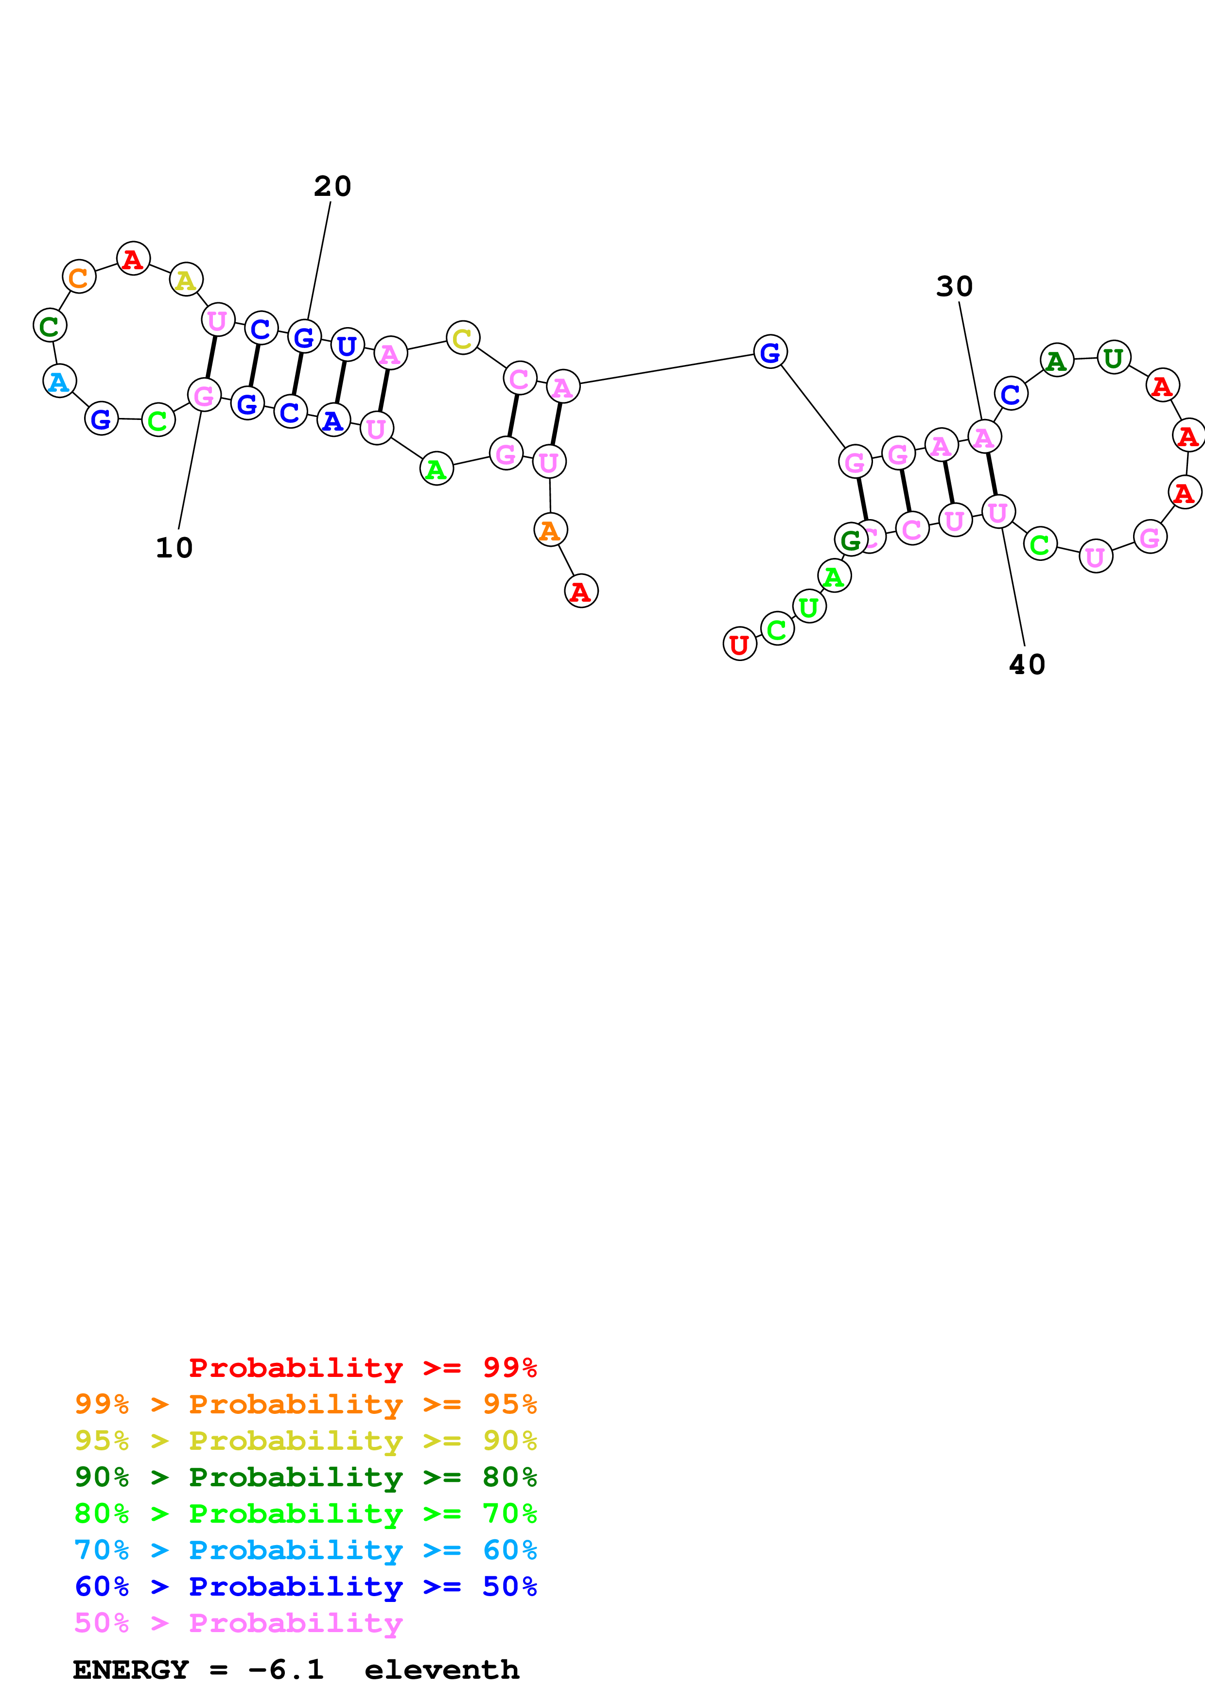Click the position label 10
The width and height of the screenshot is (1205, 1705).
(174, 548)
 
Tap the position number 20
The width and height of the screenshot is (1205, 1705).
(332, 186)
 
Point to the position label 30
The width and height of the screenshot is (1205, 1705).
(954, 287)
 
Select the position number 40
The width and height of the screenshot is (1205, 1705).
(1027, 664)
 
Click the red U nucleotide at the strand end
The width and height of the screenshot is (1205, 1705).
(739, 644)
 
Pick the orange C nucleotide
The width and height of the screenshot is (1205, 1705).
(79, 277)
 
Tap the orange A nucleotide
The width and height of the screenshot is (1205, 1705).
(550, 530)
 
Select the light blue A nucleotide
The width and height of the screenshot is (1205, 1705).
(59, 381)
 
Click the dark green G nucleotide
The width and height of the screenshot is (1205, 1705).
(851, 540)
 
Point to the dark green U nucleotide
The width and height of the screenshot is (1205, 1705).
(1114, 359)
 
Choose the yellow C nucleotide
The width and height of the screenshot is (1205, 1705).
(463, 339)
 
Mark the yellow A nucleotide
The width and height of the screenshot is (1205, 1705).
(186, 280)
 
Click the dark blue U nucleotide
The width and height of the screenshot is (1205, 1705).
(347, 345)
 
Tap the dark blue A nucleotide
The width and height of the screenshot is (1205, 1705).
(333, 420)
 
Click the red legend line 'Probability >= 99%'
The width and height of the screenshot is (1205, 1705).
(362, 1368)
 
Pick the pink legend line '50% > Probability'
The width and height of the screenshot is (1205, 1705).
(238, 1623)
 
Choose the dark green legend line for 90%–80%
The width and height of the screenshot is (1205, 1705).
(305, 1477)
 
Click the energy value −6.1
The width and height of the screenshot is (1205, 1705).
(286, 1670)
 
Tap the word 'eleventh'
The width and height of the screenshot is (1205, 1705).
(442, 1670)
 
